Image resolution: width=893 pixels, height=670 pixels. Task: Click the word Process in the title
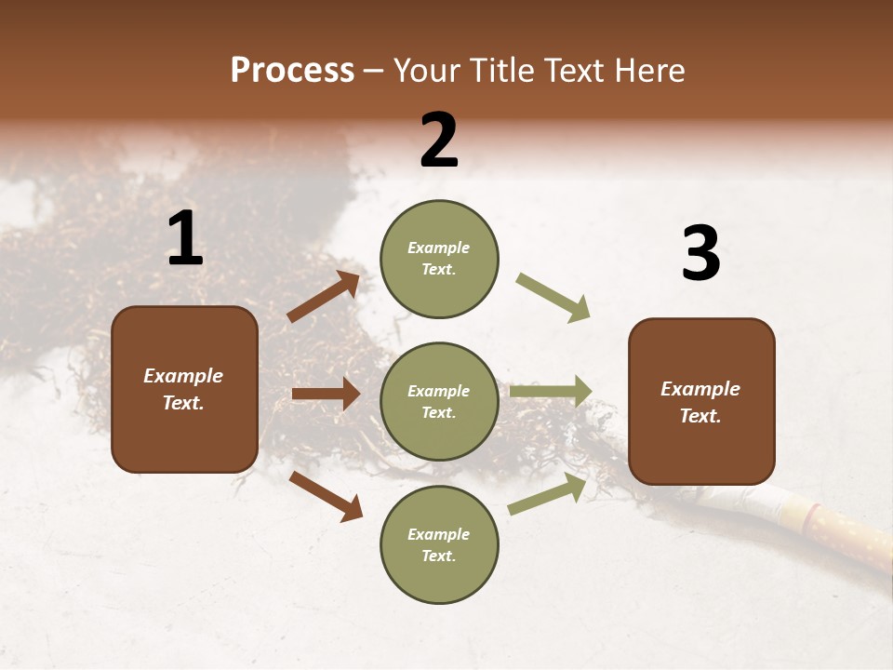coord(292,71)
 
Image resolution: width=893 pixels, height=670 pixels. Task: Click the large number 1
coord(185,239)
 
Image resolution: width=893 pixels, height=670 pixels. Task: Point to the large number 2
coord(439,141)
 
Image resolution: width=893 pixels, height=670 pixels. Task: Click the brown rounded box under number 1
coord(184,389)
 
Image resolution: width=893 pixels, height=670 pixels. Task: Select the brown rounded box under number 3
coord(701,401)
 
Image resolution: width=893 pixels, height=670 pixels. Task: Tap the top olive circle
coord(439,259)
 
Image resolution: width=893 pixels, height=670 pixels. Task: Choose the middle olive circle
coord(439,401)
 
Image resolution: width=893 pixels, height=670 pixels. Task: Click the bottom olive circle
coord(439,544)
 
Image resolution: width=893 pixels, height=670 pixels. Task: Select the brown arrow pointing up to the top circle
coord(324,297)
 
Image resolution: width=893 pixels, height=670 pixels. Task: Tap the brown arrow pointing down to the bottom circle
coord(326,495)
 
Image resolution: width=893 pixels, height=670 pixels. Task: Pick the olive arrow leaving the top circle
coord(553,298)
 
